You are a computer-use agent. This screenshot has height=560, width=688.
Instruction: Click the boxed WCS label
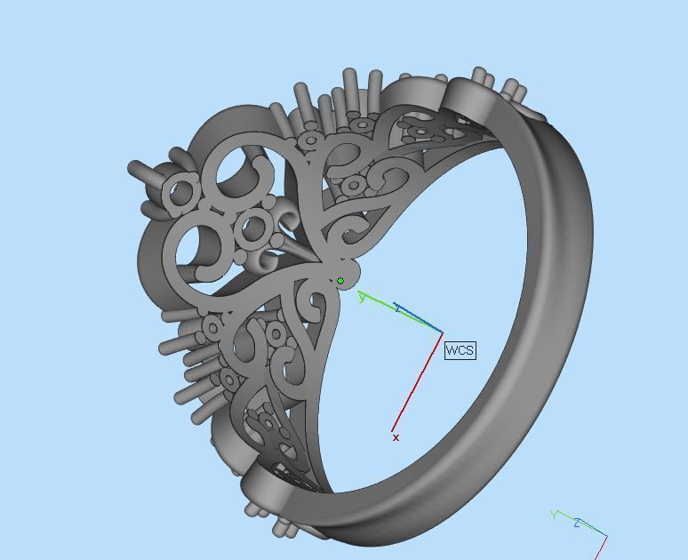click(460, 350)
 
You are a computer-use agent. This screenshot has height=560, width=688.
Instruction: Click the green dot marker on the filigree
click(340, 281)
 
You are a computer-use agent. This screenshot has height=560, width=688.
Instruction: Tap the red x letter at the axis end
click(396, 437)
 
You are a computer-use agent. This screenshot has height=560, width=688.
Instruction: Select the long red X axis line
click(418, 382)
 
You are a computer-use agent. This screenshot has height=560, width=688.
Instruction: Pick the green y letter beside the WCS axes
click(362, 297)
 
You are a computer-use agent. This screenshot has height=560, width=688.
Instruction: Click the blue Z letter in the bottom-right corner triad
click(577, 523)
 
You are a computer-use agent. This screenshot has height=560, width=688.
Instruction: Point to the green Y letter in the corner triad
click(554, 515)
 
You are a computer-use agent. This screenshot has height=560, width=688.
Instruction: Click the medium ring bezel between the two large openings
click(254, 230)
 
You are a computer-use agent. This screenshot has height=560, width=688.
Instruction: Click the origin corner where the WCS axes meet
click(442, 332)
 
